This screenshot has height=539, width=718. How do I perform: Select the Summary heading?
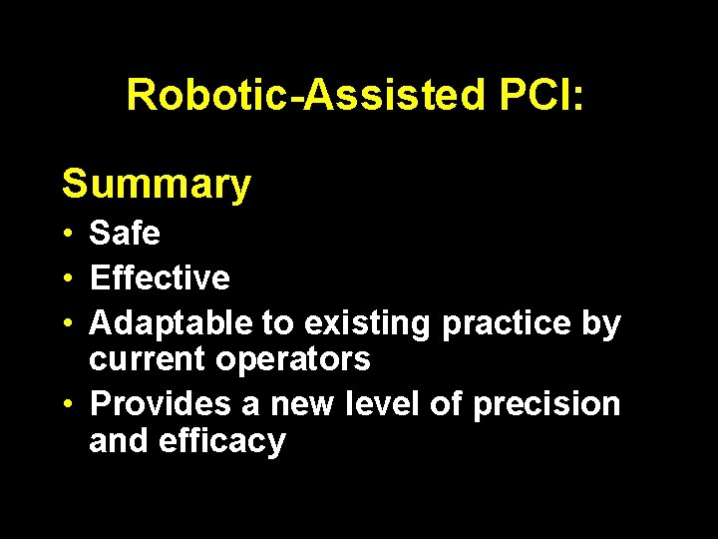click(x=157, y=185)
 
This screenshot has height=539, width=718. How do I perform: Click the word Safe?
click(x=125, y=234)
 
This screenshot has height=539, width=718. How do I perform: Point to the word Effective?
click(x=160, y=277)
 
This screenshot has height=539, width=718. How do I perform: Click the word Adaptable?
click(x=172, y=323)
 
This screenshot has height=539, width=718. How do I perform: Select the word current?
click(x=149, y=359)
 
